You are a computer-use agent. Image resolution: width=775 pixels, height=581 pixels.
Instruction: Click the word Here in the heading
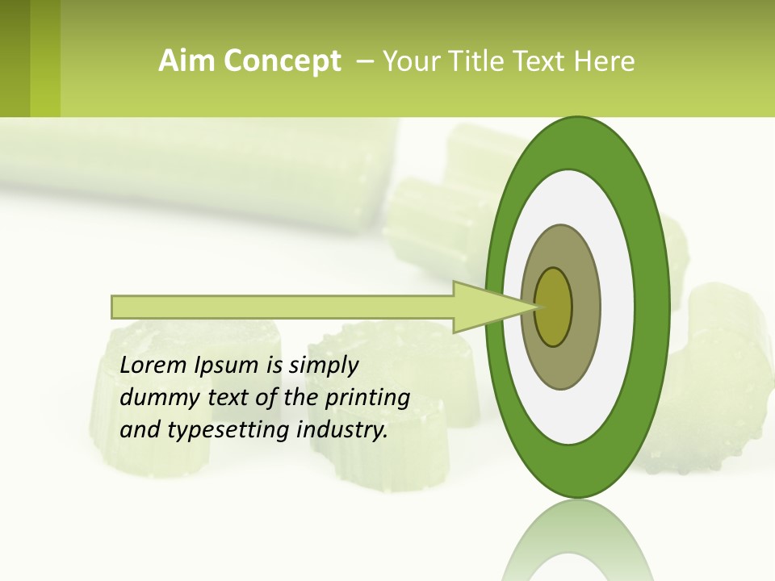[604, 61]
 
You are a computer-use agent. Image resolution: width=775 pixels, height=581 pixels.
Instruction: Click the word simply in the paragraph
[323, 366]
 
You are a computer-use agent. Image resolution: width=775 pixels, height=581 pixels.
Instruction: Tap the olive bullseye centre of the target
[555, 307]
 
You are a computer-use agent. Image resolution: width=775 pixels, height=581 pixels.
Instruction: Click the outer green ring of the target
[655, 307]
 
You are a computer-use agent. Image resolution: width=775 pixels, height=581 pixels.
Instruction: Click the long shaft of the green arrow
[283, 307]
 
